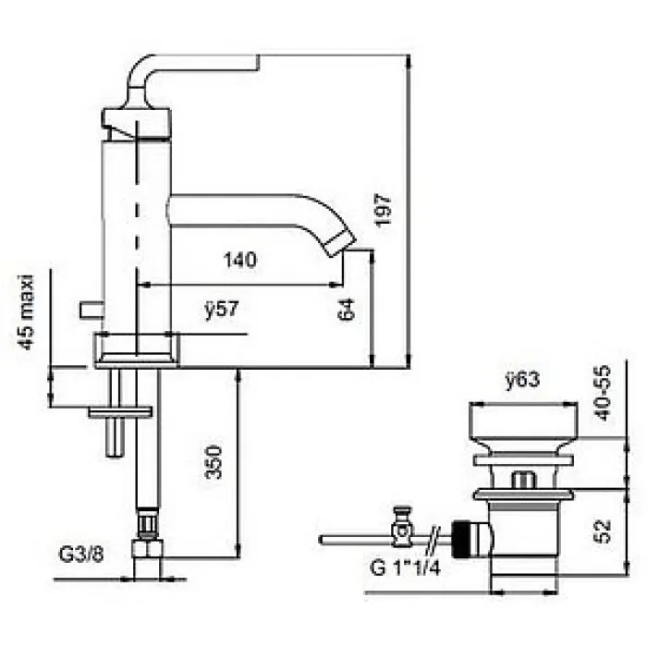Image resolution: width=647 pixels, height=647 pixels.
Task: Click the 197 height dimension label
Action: coord(384,211)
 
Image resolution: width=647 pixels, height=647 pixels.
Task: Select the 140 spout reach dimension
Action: coord(240,260)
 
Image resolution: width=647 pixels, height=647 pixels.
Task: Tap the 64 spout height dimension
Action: coord(347,309)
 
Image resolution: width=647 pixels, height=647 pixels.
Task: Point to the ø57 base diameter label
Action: coord(222,309)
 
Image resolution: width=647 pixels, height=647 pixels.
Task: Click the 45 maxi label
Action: coord(27,312)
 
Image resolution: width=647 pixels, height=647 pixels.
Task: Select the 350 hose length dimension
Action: coord(214,462)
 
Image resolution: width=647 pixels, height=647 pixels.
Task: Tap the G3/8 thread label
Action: coord(81,555)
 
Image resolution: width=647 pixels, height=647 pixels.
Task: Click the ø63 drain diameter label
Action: coord(522,380)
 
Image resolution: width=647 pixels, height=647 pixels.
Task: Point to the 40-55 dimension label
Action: coord(604,393)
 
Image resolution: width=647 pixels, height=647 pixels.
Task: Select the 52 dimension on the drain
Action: coord(604,531)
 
